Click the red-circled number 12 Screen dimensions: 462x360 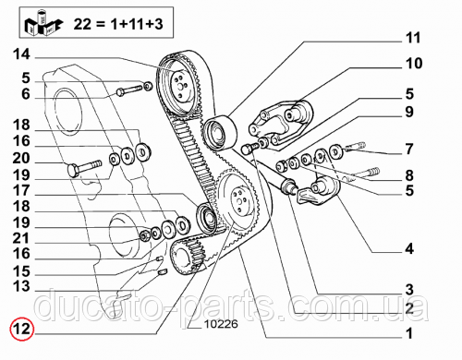pyautogui.click(x=21, y=329)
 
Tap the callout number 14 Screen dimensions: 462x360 pyautogui.click(x=21, y=54)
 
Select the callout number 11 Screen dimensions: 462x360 pyautogui.click(x=413, y=38)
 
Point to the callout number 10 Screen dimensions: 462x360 pyautogui.click(x=414, y=64)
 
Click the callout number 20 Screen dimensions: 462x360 pyautogui.click(x=21, y=158)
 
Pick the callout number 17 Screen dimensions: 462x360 pyautogui.click(x=21, y=190)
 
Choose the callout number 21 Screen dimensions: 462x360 pyautogui.click(x=21, y=238)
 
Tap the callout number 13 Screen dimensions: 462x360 pyautogui.click(x=21, y=286)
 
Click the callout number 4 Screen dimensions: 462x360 pyautogui.click(x=409, y=248)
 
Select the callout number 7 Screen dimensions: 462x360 pyautogui.click(x=409, y=149)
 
